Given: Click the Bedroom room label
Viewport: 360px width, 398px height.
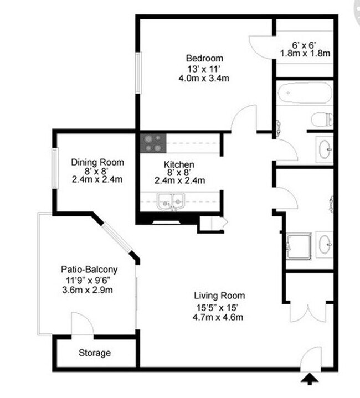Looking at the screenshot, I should point(204,58).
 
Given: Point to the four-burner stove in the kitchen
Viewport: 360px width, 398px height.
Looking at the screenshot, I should point(152,143).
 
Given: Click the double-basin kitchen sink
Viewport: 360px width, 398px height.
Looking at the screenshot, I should point(168,201).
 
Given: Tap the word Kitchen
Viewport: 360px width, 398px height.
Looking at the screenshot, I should point(179,165).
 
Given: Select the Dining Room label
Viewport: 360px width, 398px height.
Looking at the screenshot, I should point(97,162).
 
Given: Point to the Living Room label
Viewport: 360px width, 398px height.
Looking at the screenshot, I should point(219,296).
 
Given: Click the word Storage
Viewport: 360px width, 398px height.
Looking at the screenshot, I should point(94,353).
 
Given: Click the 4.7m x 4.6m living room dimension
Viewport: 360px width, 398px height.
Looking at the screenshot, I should point(219,317).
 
